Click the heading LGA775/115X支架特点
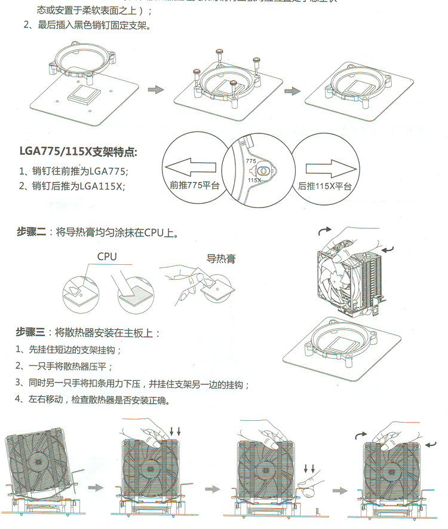point(77,152)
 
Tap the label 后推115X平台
point(324,186)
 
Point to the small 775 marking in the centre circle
point(250,162)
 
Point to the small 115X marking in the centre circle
point(254,179)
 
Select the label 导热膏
point(220,259)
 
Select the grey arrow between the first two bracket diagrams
point(155,90)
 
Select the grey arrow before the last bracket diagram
point(292,91)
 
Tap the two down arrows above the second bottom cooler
point(173,431)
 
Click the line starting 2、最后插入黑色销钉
point(88,26)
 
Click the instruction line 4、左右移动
point(92,400)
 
